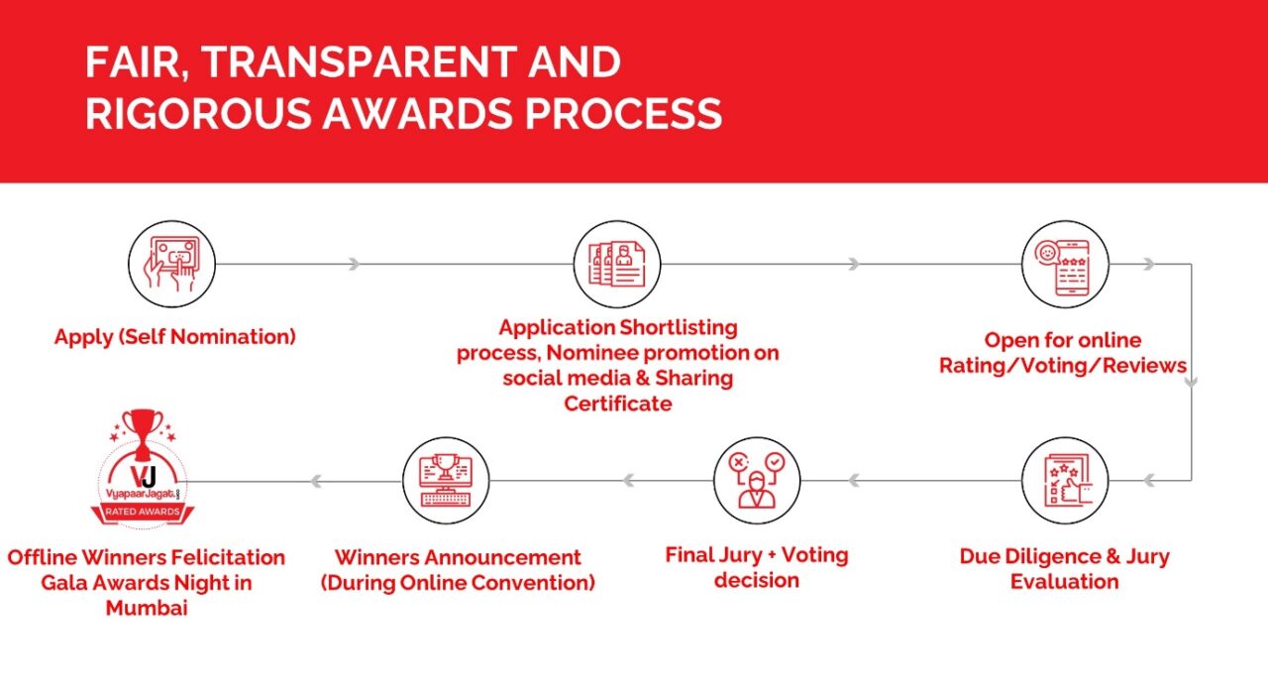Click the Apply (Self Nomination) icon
tap(171, 264)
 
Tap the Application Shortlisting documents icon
tap(617, 264)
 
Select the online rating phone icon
tap(1065, 264)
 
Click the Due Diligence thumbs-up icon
tap(1065, 481)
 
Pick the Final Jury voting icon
tap(756, 481)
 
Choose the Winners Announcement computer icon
tap(446, 481)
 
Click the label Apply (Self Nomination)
tap(175, 337)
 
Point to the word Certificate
tap(617, 404)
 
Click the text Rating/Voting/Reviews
tap(1063, 366)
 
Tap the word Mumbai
tap(147, 608)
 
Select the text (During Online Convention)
tap(458, 583)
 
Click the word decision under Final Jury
tap(756, 580)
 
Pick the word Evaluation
tap(1065, 582)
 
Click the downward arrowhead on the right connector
tap(1191, 378)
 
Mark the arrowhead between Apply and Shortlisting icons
tap(354, 264)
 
